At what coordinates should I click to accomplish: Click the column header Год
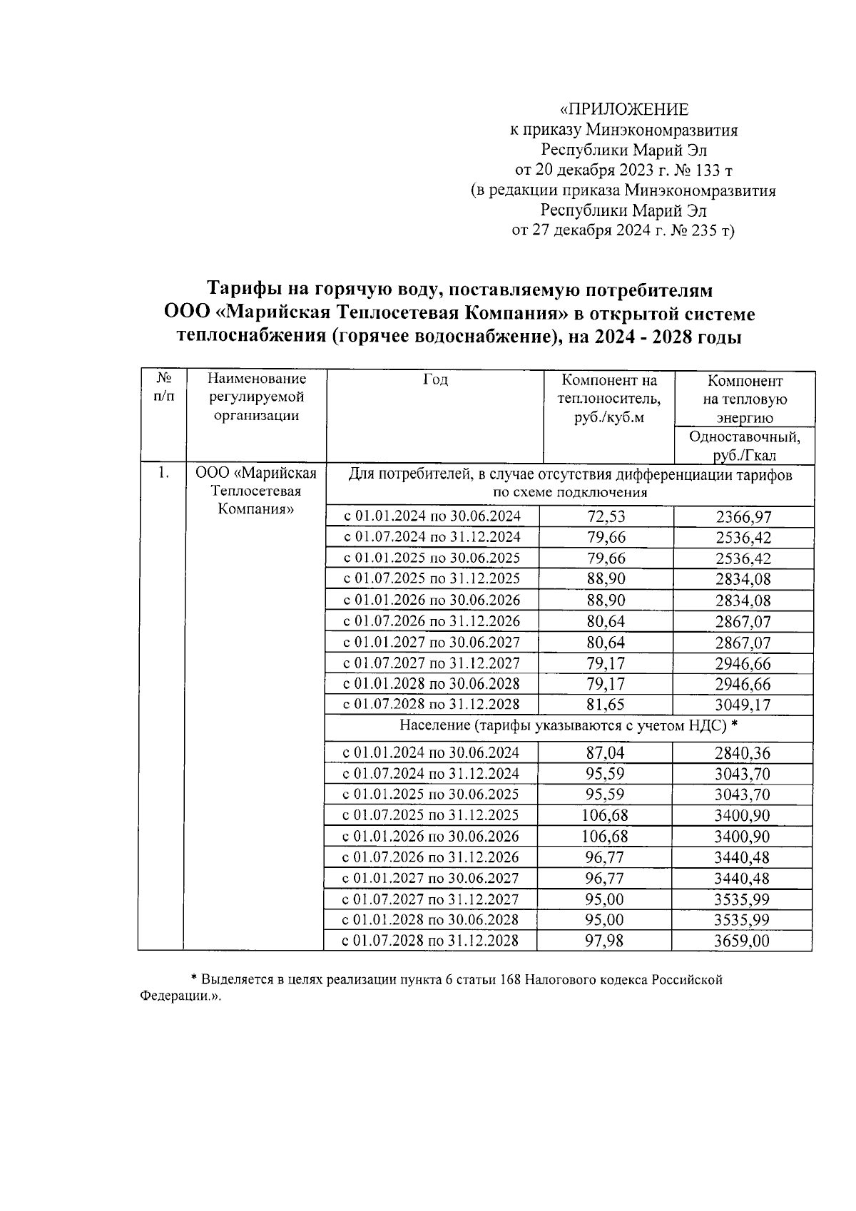pos(434,380)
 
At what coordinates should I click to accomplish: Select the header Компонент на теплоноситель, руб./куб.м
pos(608,399)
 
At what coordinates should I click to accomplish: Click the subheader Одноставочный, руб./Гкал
pos(744,446)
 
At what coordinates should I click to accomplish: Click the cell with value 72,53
pos(605,516)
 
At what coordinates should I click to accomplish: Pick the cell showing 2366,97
pos(743,517)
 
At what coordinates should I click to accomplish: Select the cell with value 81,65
pos(605,705)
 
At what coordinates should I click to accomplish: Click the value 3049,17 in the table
pos(743,705)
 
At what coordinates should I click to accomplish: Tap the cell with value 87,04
pos(605,752)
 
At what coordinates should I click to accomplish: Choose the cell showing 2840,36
pos(743,752)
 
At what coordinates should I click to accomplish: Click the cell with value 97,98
pos(604,941)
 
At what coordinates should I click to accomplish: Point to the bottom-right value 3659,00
pos(742,941)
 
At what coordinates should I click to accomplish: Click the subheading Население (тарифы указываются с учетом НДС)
pos(563,726)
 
